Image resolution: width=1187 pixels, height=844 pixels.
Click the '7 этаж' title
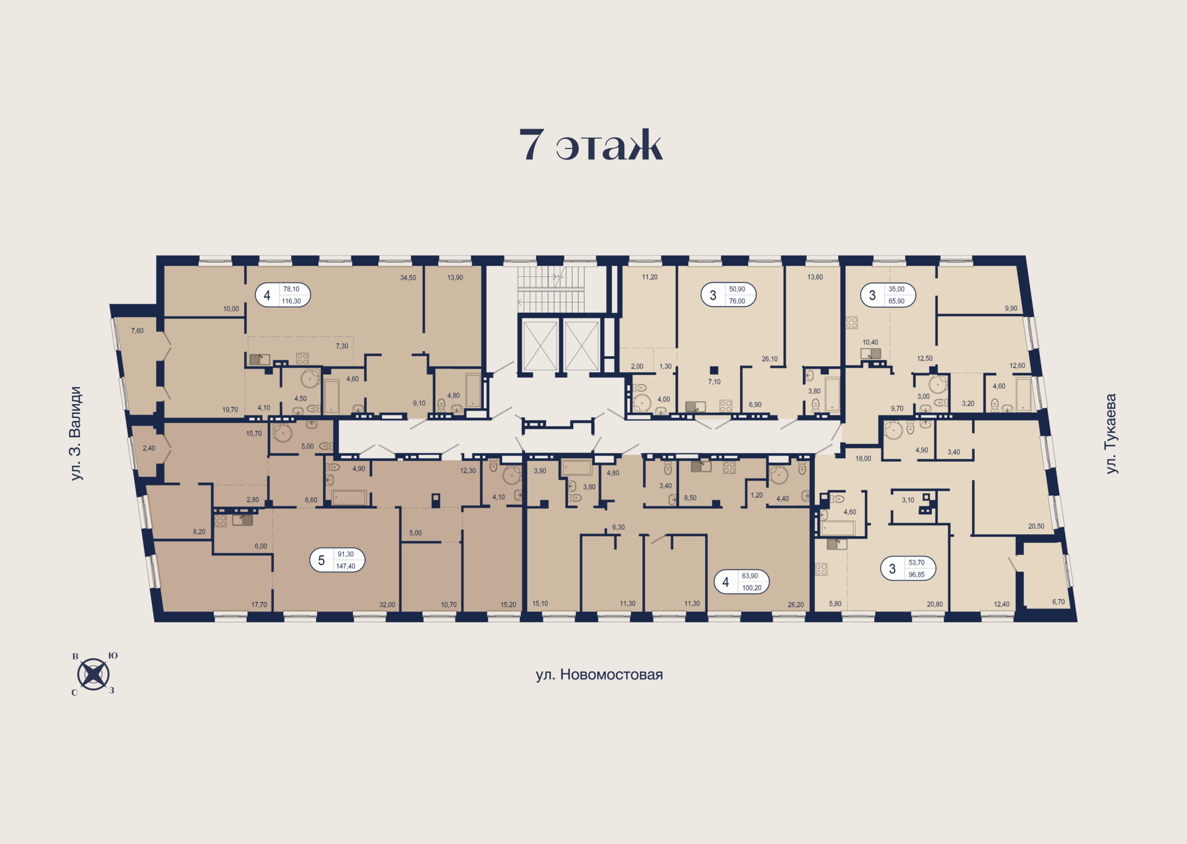coord(590,145)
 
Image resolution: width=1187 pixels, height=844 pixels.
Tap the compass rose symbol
coord(93,674)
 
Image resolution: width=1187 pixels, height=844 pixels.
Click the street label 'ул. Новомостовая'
coord(599,675)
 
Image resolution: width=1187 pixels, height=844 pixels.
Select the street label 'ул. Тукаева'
coord(1111,433)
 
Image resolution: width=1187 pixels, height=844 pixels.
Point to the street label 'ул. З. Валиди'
coord(75,433)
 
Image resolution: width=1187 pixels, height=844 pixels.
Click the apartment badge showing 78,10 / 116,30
coord(283,295)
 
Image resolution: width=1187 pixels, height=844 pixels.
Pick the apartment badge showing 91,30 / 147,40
coord(337,560)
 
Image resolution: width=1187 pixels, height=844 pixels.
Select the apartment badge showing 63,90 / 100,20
coord(741,582)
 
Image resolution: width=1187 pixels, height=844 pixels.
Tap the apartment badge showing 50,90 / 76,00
coord(728,295)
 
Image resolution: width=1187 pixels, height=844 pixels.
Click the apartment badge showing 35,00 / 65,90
coord(888,295)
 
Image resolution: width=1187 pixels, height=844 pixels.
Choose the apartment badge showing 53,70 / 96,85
coord(908,568)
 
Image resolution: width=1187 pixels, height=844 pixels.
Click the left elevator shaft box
coord(540,346)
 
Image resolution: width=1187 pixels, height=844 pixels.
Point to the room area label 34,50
coord(408,278)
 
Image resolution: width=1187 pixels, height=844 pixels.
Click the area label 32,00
coord(387,605)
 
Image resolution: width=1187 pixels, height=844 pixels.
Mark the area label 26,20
coord(796,605)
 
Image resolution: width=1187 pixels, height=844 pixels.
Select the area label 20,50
coord(1036,526)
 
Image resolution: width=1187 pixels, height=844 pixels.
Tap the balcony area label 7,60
coord(137,331)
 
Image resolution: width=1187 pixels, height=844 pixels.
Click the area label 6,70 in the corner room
coord(1058,602)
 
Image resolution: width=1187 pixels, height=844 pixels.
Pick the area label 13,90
coord(455,278)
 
